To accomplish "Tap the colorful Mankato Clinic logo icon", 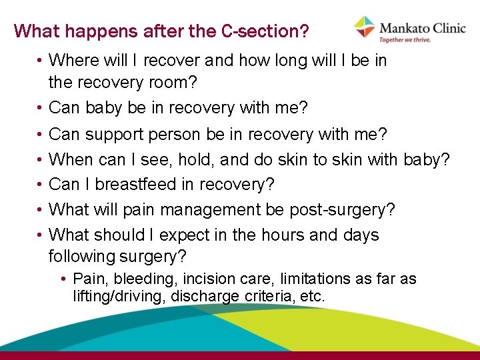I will [x=364, y=27].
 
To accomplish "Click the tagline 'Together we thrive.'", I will [x=405, y=39].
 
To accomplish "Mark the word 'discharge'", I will [x=203, y=295].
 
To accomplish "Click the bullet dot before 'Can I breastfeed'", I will [x=41, y=185].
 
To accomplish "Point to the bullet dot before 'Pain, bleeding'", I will [x=64, y=279].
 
